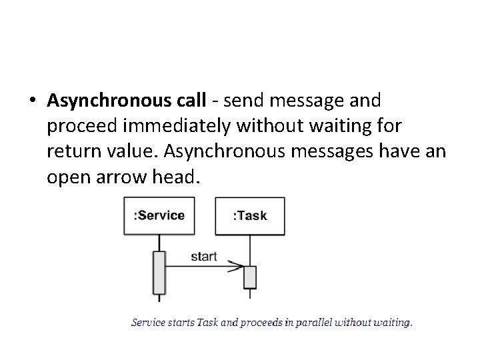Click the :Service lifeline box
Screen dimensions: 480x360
[159, 215]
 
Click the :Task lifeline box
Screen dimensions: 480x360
[249, 215]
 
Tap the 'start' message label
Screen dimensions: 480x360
[203, 257]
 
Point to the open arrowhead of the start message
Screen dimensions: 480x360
[239, 267]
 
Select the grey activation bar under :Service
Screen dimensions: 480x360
[159, 272]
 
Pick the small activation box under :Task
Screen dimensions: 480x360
[249, 276]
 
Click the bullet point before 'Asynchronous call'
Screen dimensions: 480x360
[33, 101]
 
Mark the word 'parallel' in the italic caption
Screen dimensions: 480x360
[311, 323]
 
